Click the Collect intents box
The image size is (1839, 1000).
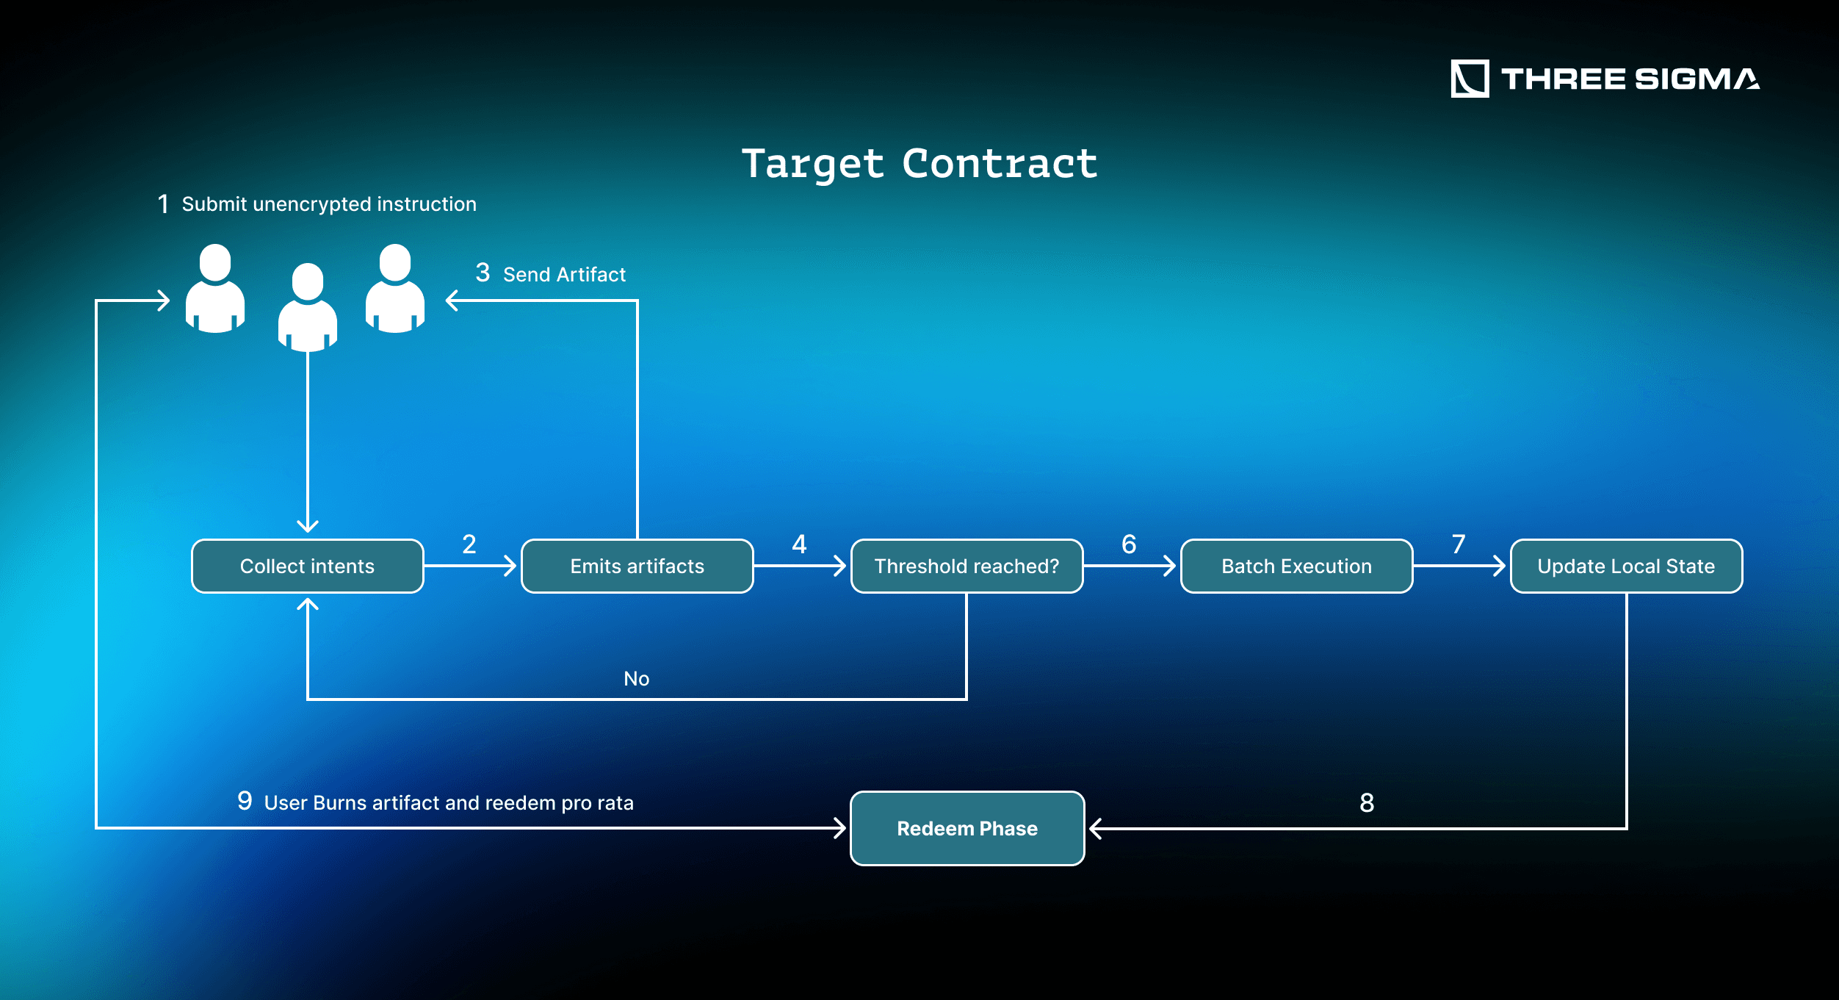(307, 566)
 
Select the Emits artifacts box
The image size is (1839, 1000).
(637, 566)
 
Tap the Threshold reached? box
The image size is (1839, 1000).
(967, 566)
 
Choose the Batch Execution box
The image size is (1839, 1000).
(1296, 566)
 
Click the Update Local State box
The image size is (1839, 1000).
(1626, 566)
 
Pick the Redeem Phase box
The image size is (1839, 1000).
(967, 828)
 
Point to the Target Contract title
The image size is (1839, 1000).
(919, 163)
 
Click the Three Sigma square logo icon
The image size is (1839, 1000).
(1470, 79)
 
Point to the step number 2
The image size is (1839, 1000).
(469, 544)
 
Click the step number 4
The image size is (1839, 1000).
(799, 544)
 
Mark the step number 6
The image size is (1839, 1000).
(1129, 544)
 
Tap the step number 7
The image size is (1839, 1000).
(1459, 544)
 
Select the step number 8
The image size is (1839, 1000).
(1367, 803)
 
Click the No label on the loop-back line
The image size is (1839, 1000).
(636, 679)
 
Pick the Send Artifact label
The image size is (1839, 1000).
(564, 275)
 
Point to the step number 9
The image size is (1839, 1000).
(245, 801)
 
